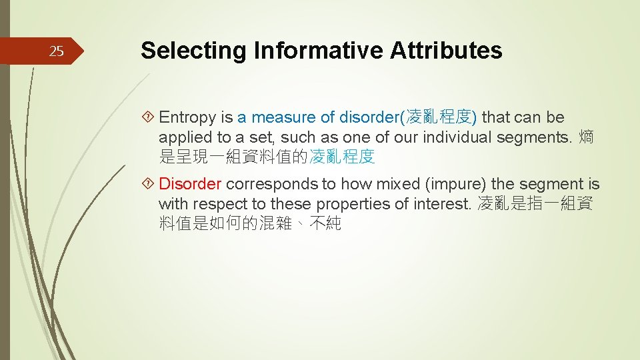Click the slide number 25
pos(57,51)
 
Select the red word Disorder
pos(190,184)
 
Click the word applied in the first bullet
pos(182,138)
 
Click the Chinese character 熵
pos(587,138)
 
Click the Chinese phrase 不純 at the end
pos(327,224)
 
